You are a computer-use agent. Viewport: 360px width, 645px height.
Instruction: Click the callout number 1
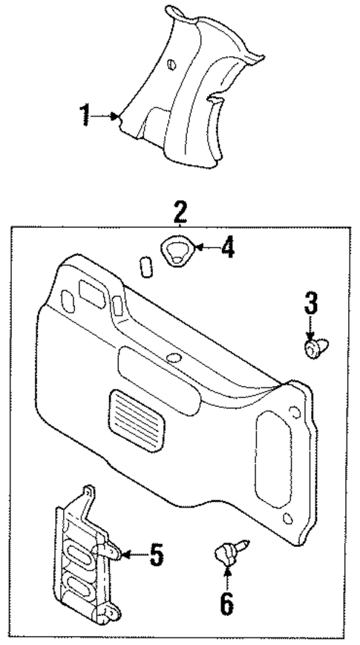[85, 116]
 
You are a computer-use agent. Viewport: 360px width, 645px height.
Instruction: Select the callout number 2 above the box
[180, 212]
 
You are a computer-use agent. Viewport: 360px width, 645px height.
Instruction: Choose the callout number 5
[156, 554]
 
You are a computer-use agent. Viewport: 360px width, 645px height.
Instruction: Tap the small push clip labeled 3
[313, 347]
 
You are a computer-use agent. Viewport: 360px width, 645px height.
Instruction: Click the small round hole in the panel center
[174, 358]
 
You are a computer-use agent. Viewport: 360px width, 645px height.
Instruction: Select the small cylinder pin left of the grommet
[145, 266]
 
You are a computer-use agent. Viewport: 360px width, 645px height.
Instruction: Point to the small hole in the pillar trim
[173, 65]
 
